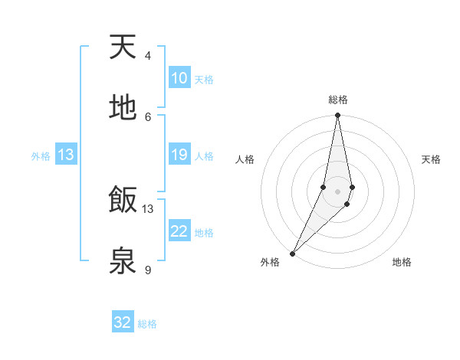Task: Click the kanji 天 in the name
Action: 123,47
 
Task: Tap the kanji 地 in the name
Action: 123,108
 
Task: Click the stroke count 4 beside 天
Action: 148,56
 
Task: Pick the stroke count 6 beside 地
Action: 148,116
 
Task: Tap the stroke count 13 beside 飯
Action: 148,209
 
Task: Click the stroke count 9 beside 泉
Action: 148,270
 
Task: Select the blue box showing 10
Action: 179,78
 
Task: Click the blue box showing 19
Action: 179,155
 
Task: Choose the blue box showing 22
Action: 179,231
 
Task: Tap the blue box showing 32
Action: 123,322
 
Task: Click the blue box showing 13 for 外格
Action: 66,155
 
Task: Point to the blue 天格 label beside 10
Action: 204,80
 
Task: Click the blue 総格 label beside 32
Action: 147,324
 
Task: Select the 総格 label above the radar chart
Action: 338,100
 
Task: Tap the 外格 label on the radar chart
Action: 270,262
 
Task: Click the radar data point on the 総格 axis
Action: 338,116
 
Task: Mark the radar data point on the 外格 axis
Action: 293,253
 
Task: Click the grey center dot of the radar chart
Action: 338,191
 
